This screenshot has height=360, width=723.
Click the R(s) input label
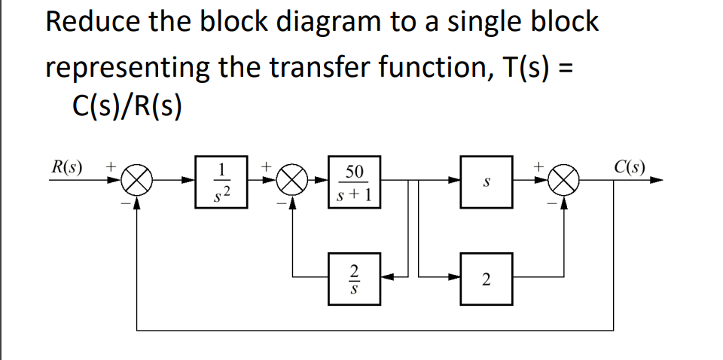[67, 165]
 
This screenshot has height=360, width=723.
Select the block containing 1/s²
[220, 182]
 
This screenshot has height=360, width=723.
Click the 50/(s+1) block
[355, 182]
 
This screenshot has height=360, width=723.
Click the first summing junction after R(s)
[138, 182]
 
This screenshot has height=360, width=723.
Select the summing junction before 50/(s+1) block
[293, 182]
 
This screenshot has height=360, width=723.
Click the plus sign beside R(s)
[111, 163]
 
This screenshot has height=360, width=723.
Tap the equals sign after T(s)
[566, 68]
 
